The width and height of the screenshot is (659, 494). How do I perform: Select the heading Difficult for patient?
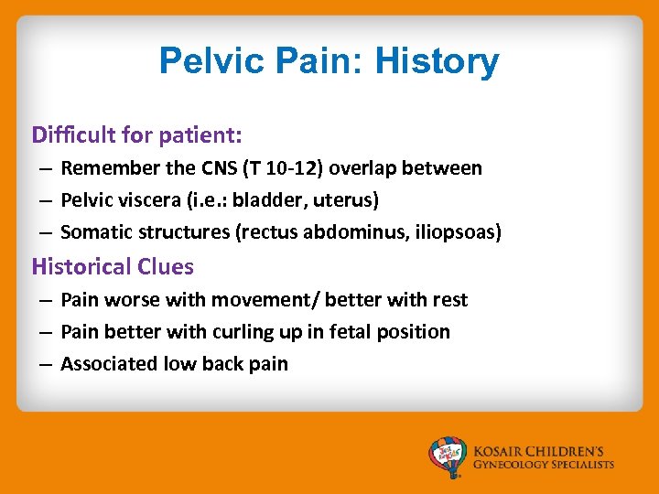136,135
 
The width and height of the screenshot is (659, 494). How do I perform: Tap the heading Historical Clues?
113,267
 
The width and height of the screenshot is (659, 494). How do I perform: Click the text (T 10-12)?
307,168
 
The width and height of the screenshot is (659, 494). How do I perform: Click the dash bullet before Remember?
44,169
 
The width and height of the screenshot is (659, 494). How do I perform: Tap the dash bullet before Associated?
44,365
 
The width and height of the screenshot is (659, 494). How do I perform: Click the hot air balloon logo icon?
448,456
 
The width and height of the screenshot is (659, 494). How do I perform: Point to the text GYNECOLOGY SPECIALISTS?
544,465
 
